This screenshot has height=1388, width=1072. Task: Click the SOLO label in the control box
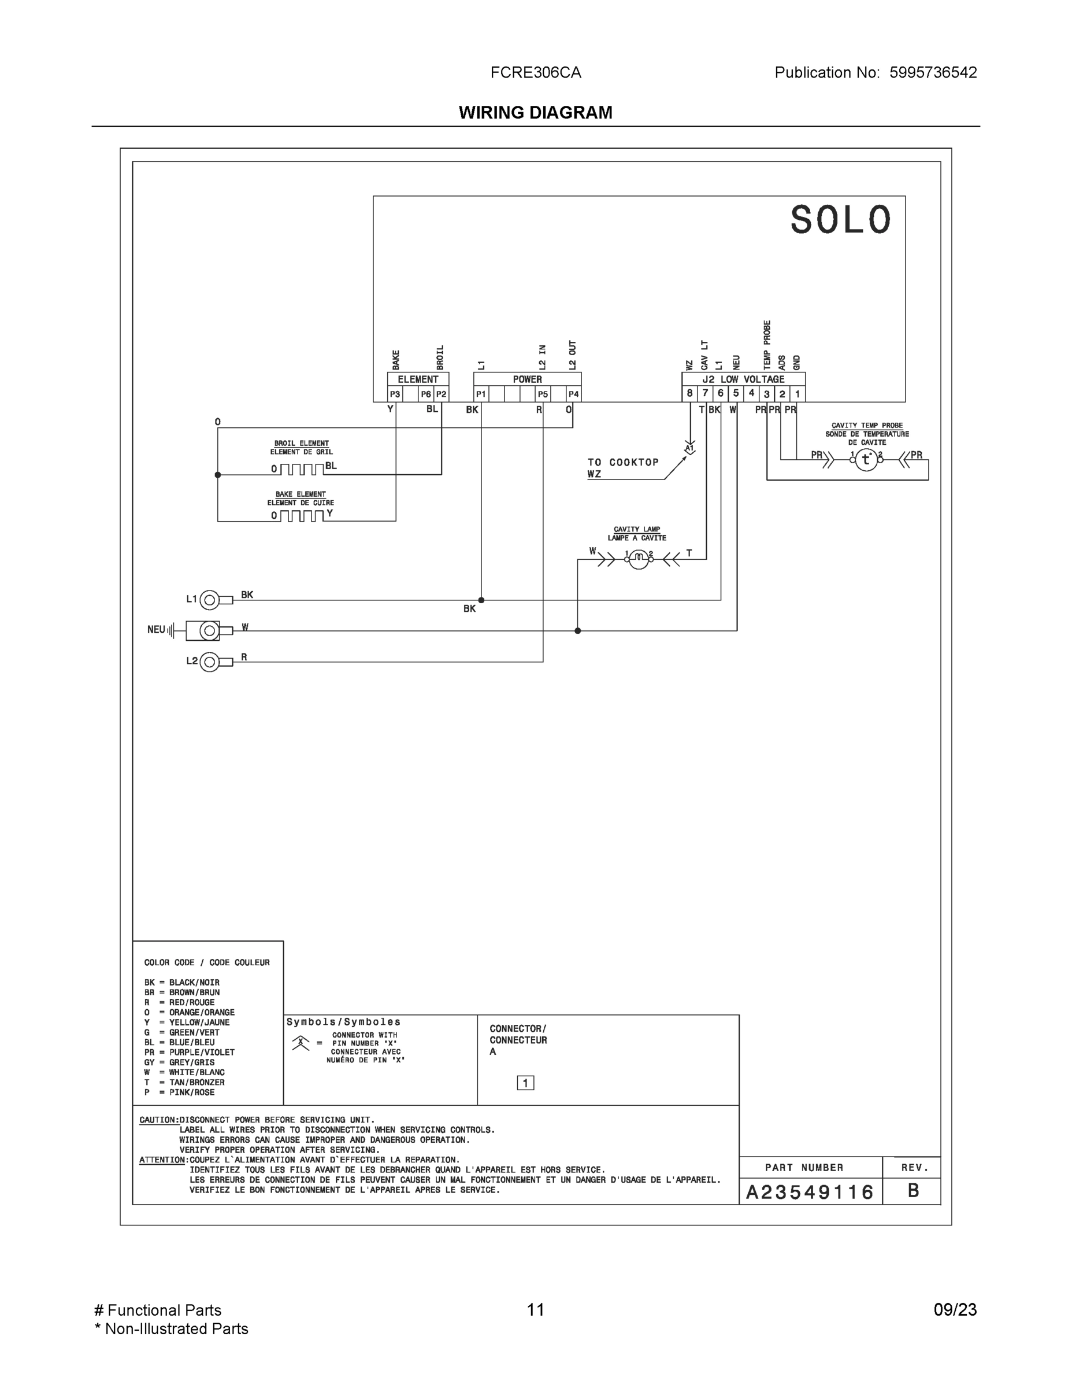tap(840, 220)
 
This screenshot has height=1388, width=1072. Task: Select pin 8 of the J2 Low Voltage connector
tap(689, 393)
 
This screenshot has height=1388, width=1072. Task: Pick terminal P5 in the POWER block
tap(543, 394)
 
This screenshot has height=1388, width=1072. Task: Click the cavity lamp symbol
tap(638, 559)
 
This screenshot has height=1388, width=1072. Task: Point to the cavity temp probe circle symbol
tap(866, 460)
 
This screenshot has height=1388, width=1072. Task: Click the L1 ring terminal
tap(210, 599)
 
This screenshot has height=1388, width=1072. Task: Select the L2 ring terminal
tap(210, 662)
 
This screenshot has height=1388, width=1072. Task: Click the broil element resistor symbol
tap(302, 470)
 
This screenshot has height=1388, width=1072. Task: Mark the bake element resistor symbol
tap(302, 515)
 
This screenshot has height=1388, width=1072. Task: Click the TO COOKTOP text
tap(623, 462)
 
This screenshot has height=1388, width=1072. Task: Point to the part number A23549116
tap(810, 1191)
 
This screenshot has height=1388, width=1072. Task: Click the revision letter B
tap(913, 1190)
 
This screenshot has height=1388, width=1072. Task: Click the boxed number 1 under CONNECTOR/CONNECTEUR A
tap(525, 1082)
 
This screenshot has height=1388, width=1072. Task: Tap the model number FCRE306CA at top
tap(535, 72)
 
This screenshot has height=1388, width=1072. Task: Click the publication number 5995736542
tap(933, 72)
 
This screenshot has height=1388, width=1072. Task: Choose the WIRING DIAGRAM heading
tap(535, 113)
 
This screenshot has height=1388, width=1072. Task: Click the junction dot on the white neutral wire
tap(577, 630)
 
